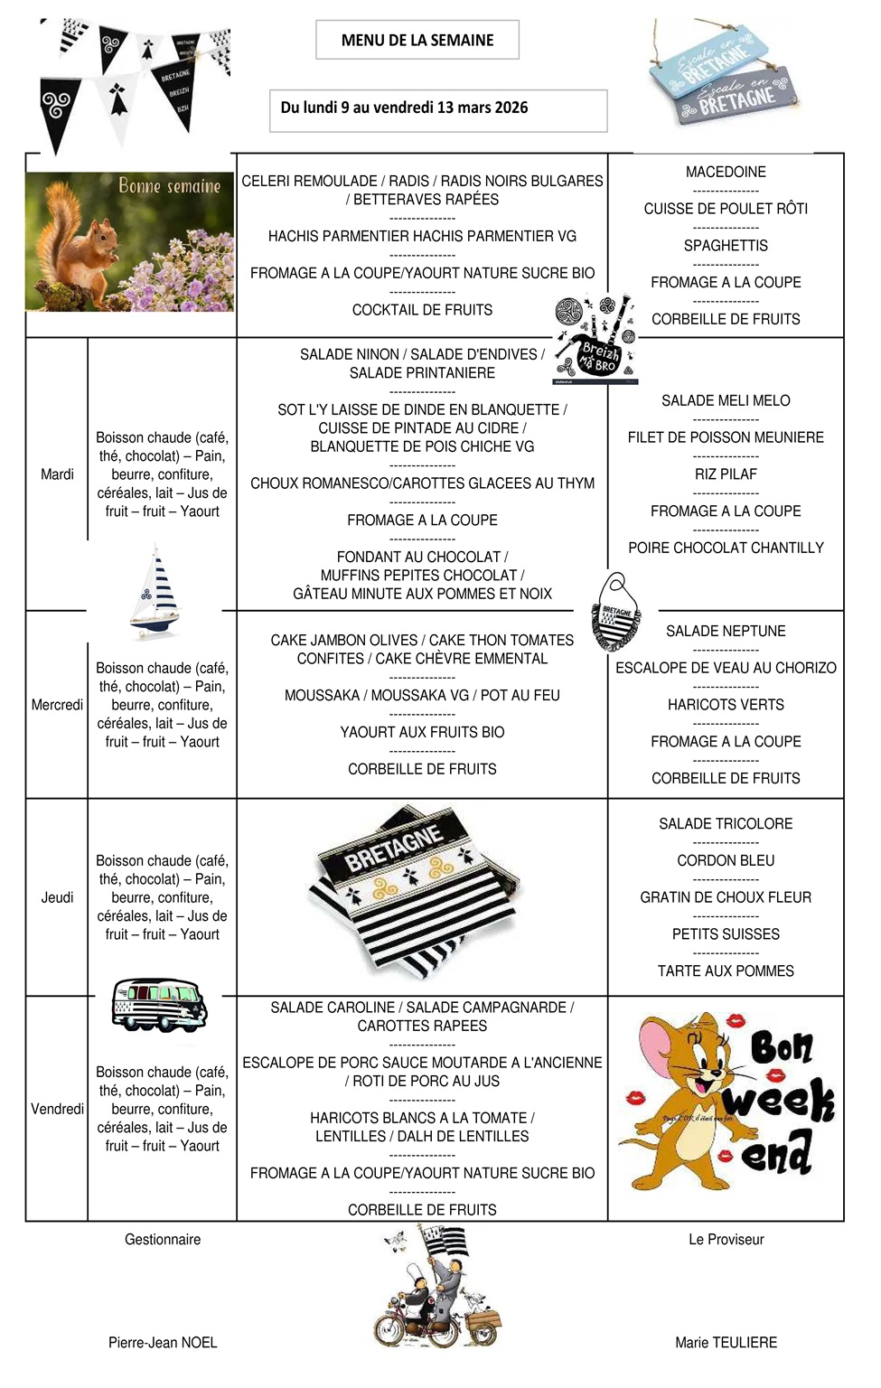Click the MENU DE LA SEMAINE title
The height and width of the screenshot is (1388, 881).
coord(417,40)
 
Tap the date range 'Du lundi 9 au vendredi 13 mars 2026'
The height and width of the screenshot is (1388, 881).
coord(404,108)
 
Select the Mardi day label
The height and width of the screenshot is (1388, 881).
coord(57,474)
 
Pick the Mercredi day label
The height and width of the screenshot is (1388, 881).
coord(57,705)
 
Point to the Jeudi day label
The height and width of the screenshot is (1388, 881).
coord(57,897)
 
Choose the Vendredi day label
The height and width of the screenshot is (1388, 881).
coord(57,1109)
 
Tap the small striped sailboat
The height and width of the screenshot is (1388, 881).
coord(155,592)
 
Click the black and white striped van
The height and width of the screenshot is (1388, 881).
coord(159,1004)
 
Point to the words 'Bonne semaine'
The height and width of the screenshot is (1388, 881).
coord(170,186)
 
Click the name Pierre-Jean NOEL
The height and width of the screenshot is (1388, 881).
coord(163,1343)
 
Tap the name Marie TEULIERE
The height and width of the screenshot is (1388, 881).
coord(726,1343)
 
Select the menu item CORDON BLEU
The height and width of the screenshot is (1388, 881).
coord(726,861)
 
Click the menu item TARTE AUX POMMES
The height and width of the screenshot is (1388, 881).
coord(726,971)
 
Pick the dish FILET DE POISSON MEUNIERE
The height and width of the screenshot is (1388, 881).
coord(726,437)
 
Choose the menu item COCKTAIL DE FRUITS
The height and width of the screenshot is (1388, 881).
coord(422,310)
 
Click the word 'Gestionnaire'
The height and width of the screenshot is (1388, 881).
coord(163,1240)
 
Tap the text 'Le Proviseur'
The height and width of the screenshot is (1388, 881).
coord(726,1240)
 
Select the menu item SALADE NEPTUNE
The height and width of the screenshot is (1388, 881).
coord(726,632)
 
